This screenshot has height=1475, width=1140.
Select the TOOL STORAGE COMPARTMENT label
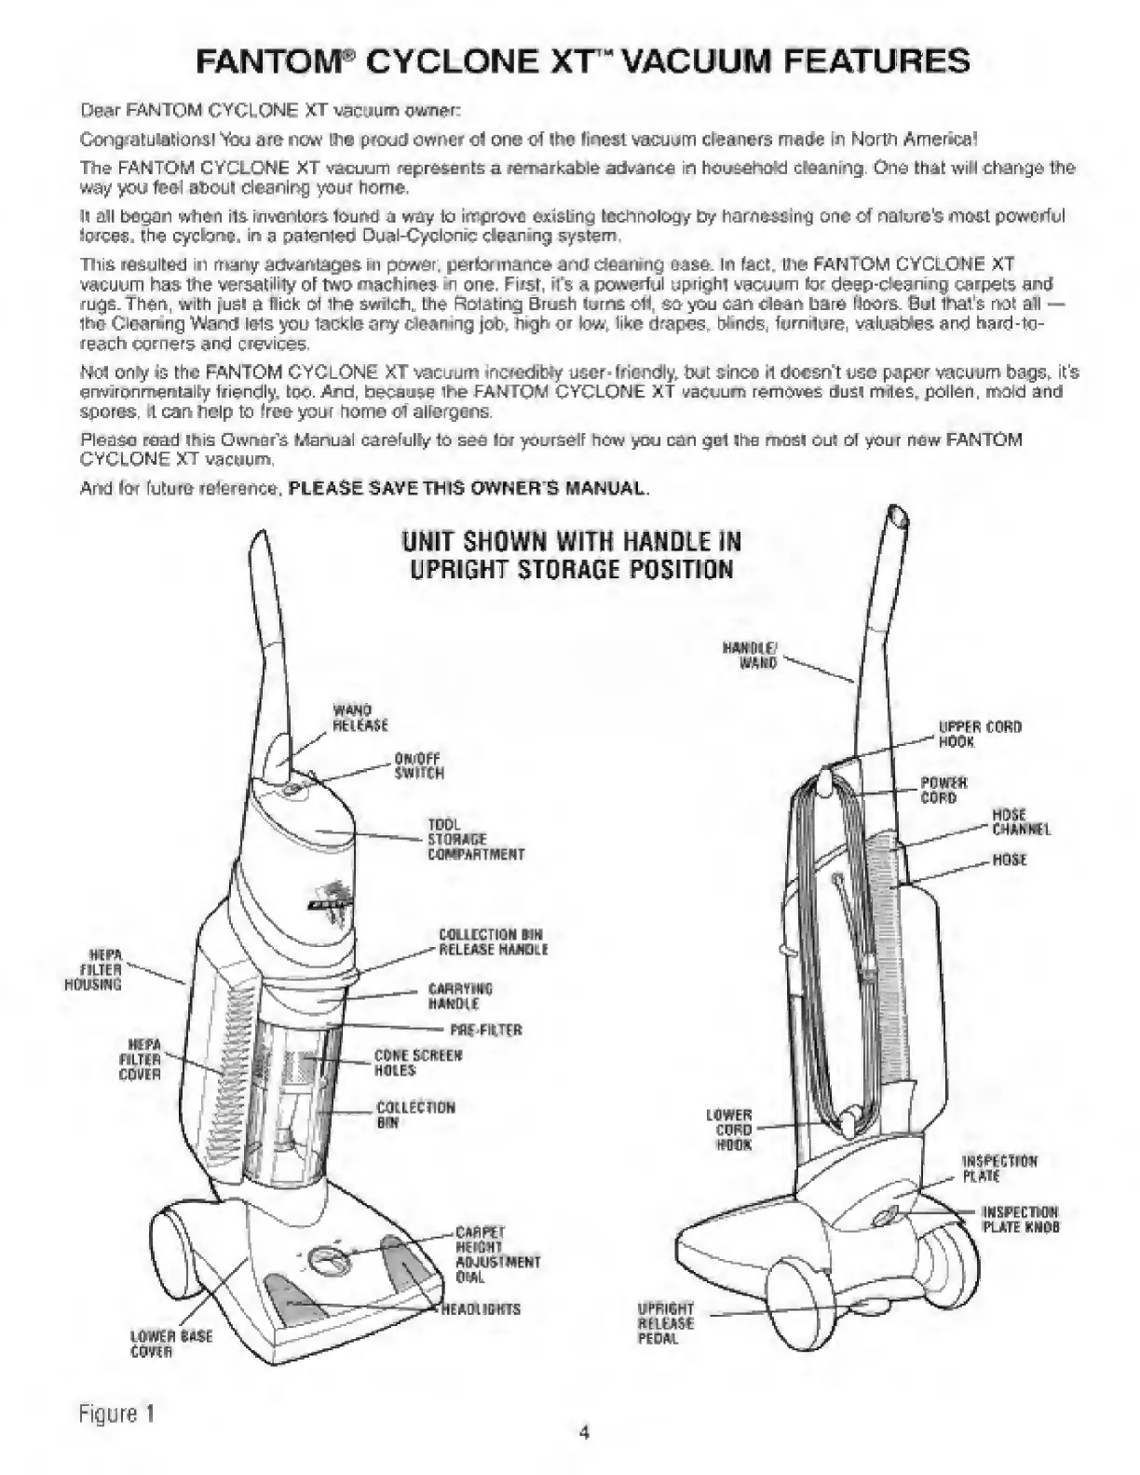475,839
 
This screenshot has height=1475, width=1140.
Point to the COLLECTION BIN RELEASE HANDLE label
493,941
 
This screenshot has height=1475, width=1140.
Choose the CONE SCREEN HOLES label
418,1062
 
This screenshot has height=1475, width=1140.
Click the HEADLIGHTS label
481,1309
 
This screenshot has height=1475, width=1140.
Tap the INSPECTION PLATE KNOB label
1021,1219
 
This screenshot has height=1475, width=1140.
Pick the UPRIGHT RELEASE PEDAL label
665,1323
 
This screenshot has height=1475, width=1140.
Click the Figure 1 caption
116,1413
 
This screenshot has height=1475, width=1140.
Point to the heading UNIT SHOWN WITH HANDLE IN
571,542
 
